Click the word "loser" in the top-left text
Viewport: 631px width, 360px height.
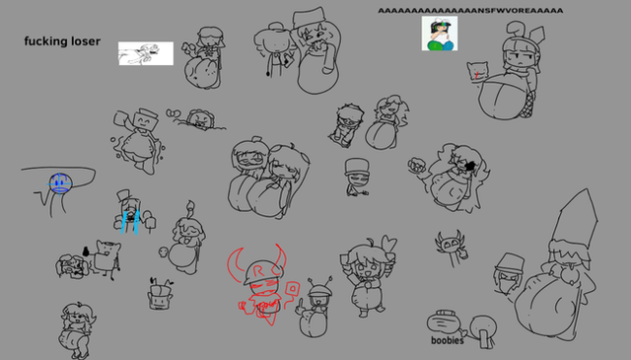pyautogui.click(x=86, y=41)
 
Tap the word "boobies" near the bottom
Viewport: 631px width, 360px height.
pyautogui.click(x=447, y=340)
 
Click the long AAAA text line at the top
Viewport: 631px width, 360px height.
pyautogui.click(x=470, y=11)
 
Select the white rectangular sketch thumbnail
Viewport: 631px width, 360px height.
pyautogui.click(x=146, y=53)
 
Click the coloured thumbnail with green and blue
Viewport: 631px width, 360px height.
pyautogui.click(x=440, y=34)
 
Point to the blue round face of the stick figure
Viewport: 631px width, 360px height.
pyautogui.click(x=60, y=183)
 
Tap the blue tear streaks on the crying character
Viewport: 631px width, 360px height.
pyautogui.click(x=130, y=221)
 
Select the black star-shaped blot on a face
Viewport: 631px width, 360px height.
pyautogui.click(x=469, y=166)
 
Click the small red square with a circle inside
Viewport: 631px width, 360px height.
pyautogui.click(x=293, y=288)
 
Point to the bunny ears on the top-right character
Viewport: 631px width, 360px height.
pyautogui.click(x=525, y=32)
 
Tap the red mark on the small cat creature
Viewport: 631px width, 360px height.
pyautogui.click(x=476, y=75)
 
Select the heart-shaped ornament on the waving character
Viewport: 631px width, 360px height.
pyautogui.click(x=388, y=243)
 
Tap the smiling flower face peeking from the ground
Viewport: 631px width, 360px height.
pyautogui.click(x=199, y=118)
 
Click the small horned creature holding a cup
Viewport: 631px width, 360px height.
pyautogui.click(x=452, y=248)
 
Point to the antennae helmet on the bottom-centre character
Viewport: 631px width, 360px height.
pyautogui.click(x=319, y=286)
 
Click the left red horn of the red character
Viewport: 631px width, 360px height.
pyautogui.click(x=235, y=264)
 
